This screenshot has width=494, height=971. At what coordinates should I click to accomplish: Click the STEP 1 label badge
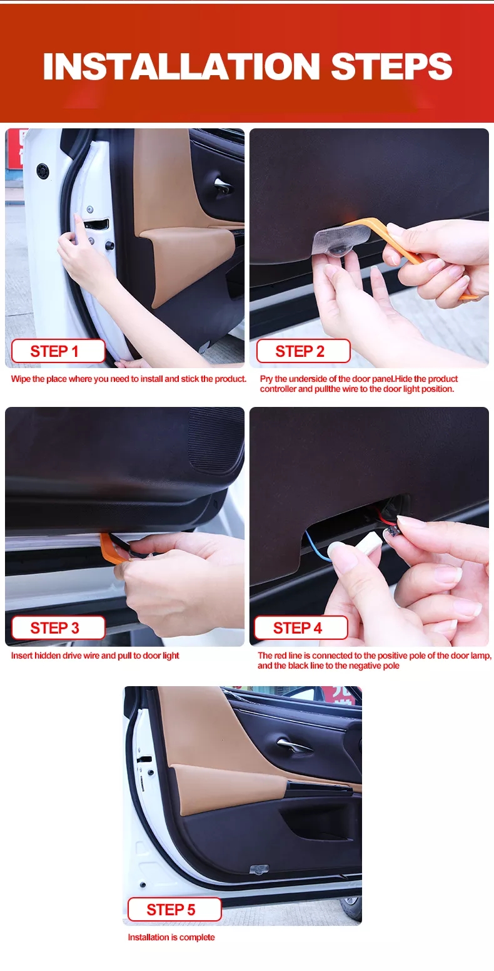pyautogui.click(x=58, y=351)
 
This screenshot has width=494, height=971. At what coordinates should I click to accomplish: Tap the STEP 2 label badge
pyautogui.click(x=303, y=351)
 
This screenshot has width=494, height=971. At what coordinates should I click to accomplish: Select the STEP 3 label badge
pyautogui.click(x=58, y=627)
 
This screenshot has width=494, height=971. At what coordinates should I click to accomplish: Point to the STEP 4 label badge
pyautogui.click(x=301, y=627)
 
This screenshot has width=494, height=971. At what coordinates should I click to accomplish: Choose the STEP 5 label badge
pyautogui.click(x=174, y=910)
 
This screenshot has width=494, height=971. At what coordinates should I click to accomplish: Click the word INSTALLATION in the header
pyautogui.click(x=181, y=66)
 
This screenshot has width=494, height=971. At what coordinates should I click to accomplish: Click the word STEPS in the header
pyautogui.click(x=392, y=66)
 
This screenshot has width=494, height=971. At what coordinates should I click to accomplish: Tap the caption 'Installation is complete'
pyautogui.click(x=171, y=937)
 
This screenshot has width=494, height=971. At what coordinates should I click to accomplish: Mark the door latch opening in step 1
pyautogui.click(x=96, y=224)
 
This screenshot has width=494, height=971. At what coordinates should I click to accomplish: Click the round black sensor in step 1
pyautogui.click(x=43, y=170)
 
